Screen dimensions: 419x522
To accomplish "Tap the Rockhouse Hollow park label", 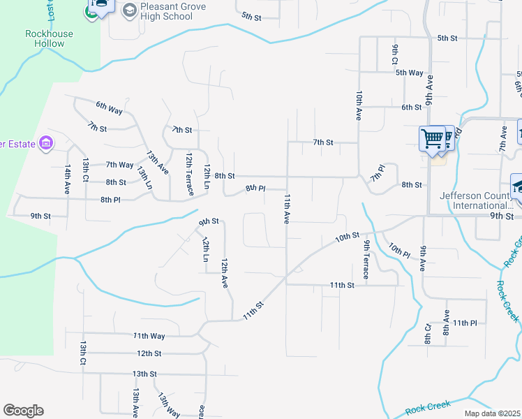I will (x=45, y=38).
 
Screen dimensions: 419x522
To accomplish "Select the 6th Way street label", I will (x=110, y=107).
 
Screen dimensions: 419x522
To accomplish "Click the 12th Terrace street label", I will (x=189, y=171).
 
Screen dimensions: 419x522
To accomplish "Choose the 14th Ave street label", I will (x=68, y=179).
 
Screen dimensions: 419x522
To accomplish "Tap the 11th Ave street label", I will (x=286, y=209).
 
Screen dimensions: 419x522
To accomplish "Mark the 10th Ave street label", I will (x=359, y=105).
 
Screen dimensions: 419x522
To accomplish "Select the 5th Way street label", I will (x=410, y=73).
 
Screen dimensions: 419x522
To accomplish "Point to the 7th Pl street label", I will (x=378, y=172).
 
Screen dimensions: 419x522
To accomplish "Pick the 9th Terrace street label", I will (x=366, y=259).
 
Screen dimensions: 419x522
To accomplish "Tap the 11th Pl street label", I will (x=464, y=323).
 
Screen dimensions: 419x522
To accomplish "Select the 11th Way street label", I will (x=149, y=336).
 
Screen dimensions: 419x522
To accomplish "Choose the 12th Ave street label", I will (x=225, y=273).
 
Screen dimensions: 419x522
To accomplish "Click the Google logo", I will (x=23, y=411).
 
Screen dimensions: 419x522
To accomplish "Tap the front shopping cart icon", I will (x=433, y=138).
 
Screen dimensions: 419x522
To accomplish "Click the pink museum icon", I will (x=47, y=143).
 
